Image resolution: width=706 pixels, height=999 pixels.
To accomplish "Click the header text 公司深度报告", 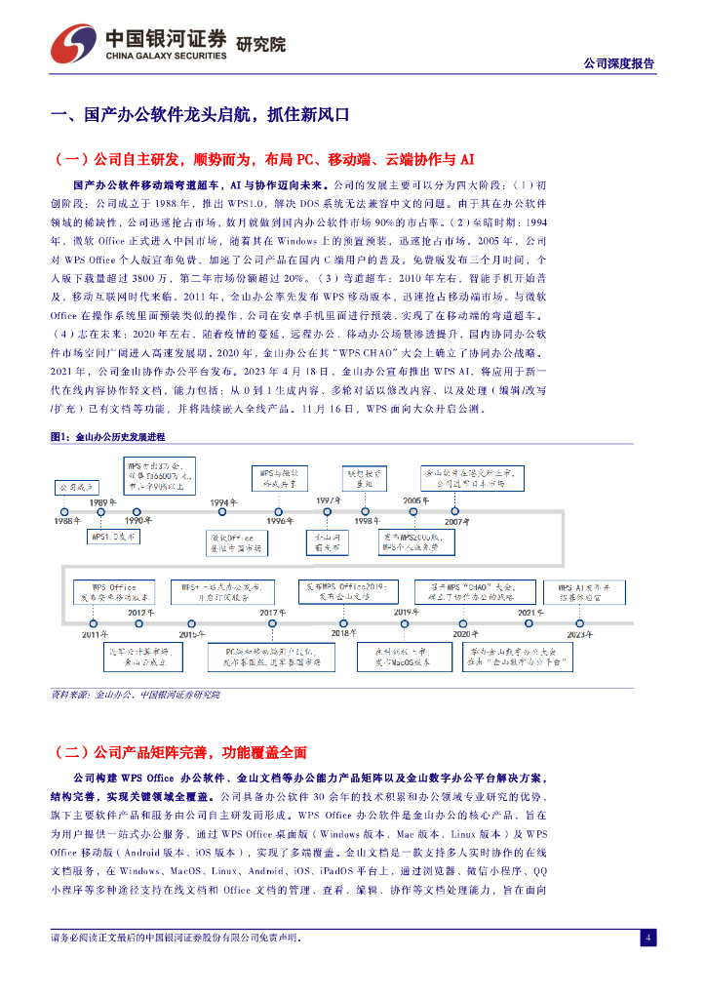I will pos(618,63).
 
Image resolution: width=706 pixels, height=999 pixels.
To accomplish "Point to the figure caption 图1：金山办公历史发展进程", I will pos(108,437).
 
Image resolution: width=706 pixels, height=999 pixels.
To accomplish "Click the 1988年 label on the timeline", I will pos(68,522).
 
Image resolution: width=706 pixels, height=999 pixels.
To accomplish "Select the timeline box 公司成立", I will pos(75,487).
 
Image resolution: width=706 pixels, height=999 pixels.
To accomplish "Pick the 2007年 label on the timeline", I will pos(456,522).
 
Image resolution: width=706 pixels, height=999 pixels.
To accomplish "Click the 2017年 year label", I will pos(272,613).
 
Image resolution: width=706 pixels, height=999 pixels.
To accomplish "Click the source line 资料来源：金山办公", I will pos(136,695).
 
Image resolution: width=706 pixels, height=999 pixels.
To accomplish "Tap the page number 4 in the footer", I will pos(647,938).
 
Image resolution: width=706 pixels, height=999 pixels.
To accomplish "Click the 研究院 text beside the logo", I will pos(261,44).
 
